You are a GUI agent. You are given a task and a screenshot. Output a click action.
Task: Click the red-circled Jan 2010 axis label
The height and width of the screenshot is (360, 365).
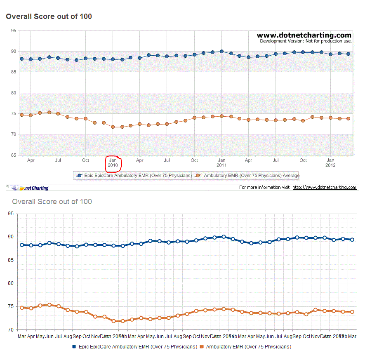coord(113,162)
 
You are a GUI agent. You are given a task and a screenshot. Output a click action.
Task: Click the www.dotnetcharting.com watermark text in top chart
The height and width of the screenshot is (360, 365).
coord(304,35)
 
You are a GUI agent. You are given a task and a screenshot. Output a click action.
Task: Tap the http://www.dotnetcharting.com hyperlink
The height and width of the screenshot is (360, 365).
coord(324,187)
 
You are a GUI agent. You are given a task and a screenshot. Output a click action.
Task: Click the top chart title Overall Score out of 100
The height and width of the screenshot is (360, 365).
coord(49,16)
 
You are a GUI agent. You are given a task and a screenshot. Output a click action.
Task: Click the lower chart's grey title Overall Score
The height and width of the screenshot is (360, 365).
coord(52,202)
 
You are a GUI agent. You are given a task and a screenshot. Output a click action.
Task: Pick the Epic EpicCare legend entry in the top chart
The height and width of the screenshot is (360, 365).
coord(133,176)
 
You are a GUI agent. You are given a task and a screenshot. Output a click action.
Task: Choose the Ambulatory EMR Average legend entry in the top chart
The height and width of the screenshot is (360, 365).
coord(247,176)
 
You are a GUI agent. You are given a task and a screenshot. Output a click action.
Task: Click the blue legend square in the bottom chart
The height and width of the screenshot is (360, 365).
coord(74,347)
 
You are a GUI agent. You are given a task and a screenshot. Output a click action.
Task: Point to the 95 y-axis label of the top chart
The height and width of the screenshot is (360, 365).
coord(14,31)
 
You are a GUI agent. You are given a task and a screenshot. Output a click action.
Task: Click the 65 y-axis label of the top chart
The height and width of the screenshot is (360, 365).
coord(14,155)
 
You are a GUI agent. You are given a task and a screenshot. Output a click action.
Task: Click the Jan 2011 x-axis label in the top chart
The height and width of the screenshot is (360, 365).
coord(221,162)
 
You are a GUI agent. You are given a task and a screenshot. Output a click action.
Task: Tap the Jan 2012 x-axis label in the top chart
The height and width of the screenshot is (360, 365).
coord(330,162)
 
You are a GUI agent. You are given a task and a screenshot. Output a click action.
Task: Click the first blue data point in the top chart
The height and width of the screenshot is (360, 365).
coord(21,59)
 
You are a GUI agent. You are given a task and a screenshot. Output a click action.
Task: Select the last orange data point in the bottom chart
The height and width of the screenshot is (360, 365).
coord(352,312)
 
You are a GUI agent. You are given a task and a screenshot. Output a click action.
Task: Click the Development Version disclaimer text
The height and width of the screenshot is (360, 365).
coord(306,41)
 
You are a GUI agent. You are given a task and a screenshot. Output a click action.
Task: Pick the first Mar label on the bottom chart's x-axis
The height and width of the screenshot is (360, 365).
coord(21,336)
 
